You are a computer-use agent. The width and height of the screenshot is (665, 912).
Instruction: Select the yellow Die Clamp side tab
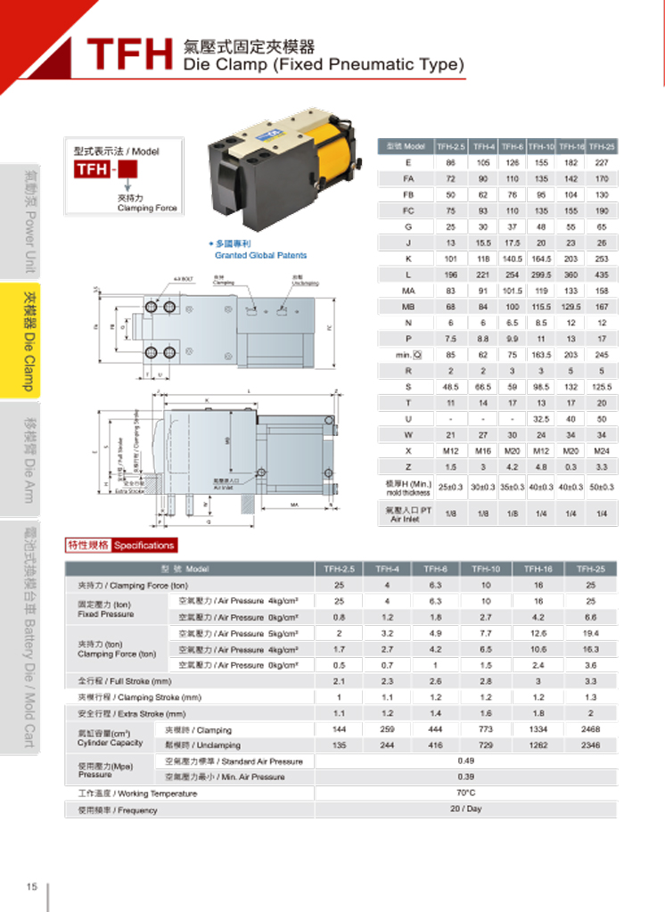(x=29, y=341)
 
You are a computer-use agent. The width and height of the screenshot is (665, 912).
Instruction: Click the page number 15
(x=32, y=886)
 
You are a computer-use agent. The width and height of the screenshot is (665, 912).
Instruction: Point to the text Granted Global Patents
(x=260, y=255)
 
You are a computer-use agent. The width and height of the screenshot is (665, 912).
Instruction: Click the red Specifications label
(x=144, y=546)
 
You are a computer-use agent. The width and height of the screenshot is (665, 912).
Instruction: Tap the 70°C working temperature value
(x=465, y=793)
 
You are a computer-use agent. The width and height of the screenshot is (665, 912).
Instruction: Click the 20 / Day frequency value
(x=465, y=809)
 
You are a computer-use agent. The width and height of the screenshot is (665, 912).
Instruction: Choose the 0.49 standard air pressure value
(x=465, y=760)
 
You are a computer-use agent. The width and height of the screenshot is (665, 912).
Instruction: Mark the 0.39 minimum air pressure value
(x=465, y=776)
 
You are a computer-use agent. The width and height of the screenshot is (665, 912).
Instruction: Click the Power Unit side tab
(x=29, y=218)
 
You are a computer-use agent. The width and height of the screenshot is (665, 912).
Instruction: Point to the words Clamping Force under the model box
(x=147, y=208)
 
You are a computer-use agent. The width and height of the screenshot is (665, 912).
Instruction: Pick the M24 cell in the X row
(x=602, y=451)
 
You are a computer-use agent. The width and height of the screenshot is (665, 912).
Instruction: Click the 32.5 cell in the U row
(x=542, y=418)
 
